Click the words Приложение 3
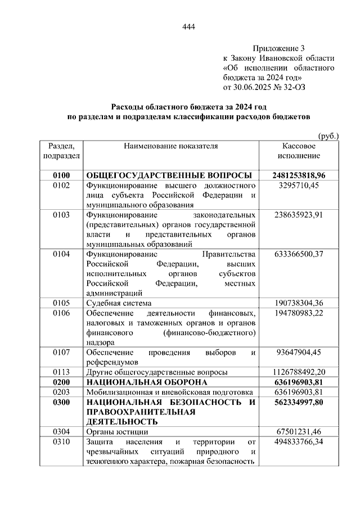click(280, 49)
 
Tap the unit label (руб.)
click(328, 136)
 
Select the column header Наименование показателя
click(171, 146)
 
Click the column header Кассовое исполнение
click(298, 150)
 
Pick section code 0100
click(61, 175)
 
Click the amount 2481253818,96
click(298, 175)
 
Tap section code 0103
click(61, 214)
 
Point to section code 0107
click(61, 352)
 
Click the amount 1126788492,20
click(298, 372)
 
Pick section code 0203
click(61, 391)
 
